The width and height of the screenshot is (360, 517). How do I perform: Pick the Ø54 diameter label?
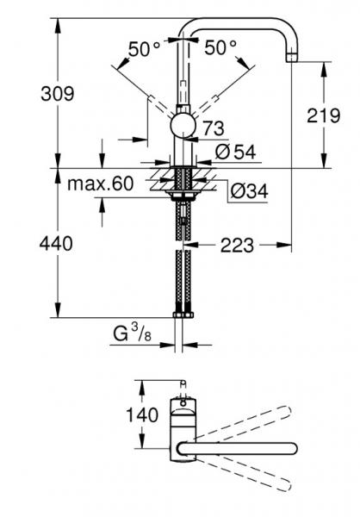pos(233,152)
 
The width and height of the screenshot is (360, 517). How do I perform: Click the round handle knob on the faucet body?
pos(183,125)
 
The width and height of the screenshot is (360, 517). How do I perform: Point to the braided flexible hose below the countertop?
pos(183,267)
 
